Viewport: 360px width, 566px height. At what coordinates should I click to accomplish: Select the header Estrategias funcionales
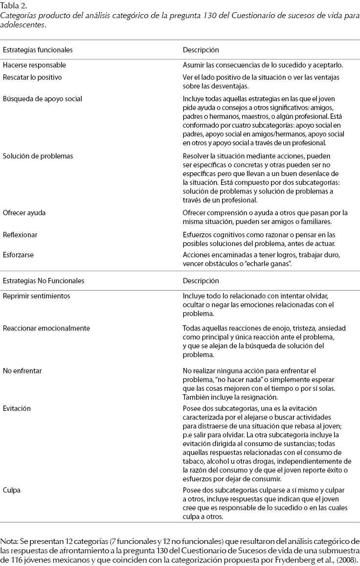[38, 50]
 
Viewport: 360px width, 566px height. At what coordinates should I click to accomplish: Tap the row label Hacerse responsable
[34, 65]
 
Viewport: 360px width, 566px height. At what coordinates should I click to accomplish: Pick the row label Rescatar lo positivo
[32, 78]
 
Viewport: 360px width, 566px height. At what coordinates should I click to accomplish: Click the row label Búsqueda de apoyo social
[43, 98]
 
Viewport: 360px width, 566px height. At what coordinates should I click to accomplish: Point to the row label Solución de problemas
[38, 156]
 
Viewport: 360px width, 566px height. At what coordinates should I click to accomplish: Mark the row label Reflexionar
[20, 235]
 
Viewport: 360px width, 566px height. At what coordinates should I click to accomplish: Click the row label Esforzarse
[18, 255]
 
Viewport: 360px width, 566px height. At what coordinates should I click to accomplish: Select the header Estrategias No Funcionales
[44, 281]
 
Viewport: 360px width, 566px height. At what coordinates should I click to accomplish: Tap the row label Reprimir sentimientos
[36, 296]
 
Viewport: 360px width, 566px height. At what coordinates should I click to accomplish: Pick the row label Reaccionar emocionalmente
[46, 328]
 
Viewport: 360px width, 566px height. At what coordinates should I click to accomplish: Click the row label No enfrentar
[22, 371]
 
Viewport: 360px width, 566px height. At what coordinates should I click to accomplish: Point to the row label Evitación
[17, 408]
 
